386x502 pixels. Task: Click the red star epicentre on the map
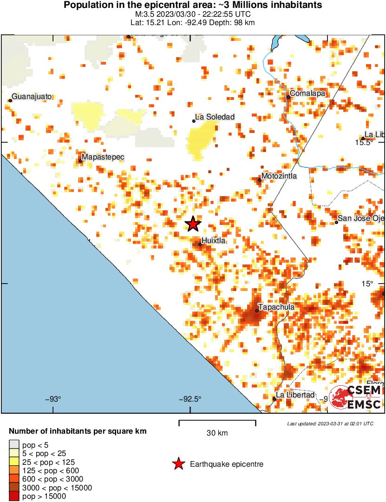coord(193,225)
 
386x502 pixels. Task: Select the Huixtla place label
coord(214,241)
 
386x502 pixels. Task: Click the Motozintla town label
coord(279,177)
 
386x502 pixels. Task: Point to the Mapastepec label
coord(103,157)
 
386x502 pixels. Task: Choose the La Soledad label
coord(215,117)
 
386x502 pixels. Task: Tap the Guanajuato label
coord(31,97)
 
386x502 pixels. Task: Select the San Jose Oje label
coord(361,219)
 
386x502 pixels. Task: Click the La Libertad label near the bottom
coord(295,395)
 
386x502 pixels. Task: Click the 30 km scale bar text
coord(217,433)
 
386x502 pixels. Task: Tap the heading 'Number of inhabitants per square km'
coord(78,431)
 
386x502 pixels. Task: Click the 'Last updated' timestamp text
coord(330,423)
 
